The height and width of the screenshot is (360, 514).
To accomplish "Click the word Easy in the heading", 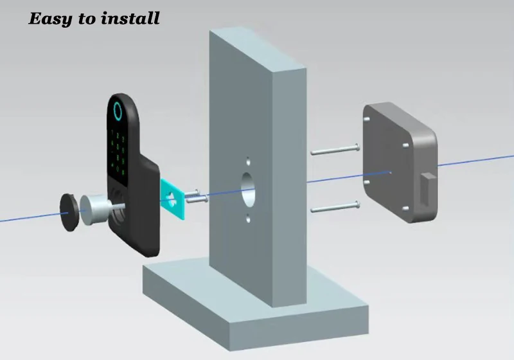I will pyautogui.click(x=51, y=18).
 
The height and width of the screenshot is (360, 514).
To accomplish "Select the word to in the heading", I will pyautogui.click(x=87, y=19).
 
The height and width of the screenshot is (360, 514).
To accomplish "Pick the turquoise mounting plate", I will pyautogui.click(x=172, y=196).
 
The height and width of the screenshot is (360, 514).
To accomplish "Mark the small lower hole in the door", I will pyautogui.click(x=247, y=218).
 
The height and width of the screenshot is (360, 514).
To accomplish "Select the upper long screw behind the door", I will pyautogui.click(x=333, y=150).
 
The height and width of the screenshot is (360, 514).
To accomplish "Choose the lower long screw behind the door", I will pyautogui.click(x=333, y=207).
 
